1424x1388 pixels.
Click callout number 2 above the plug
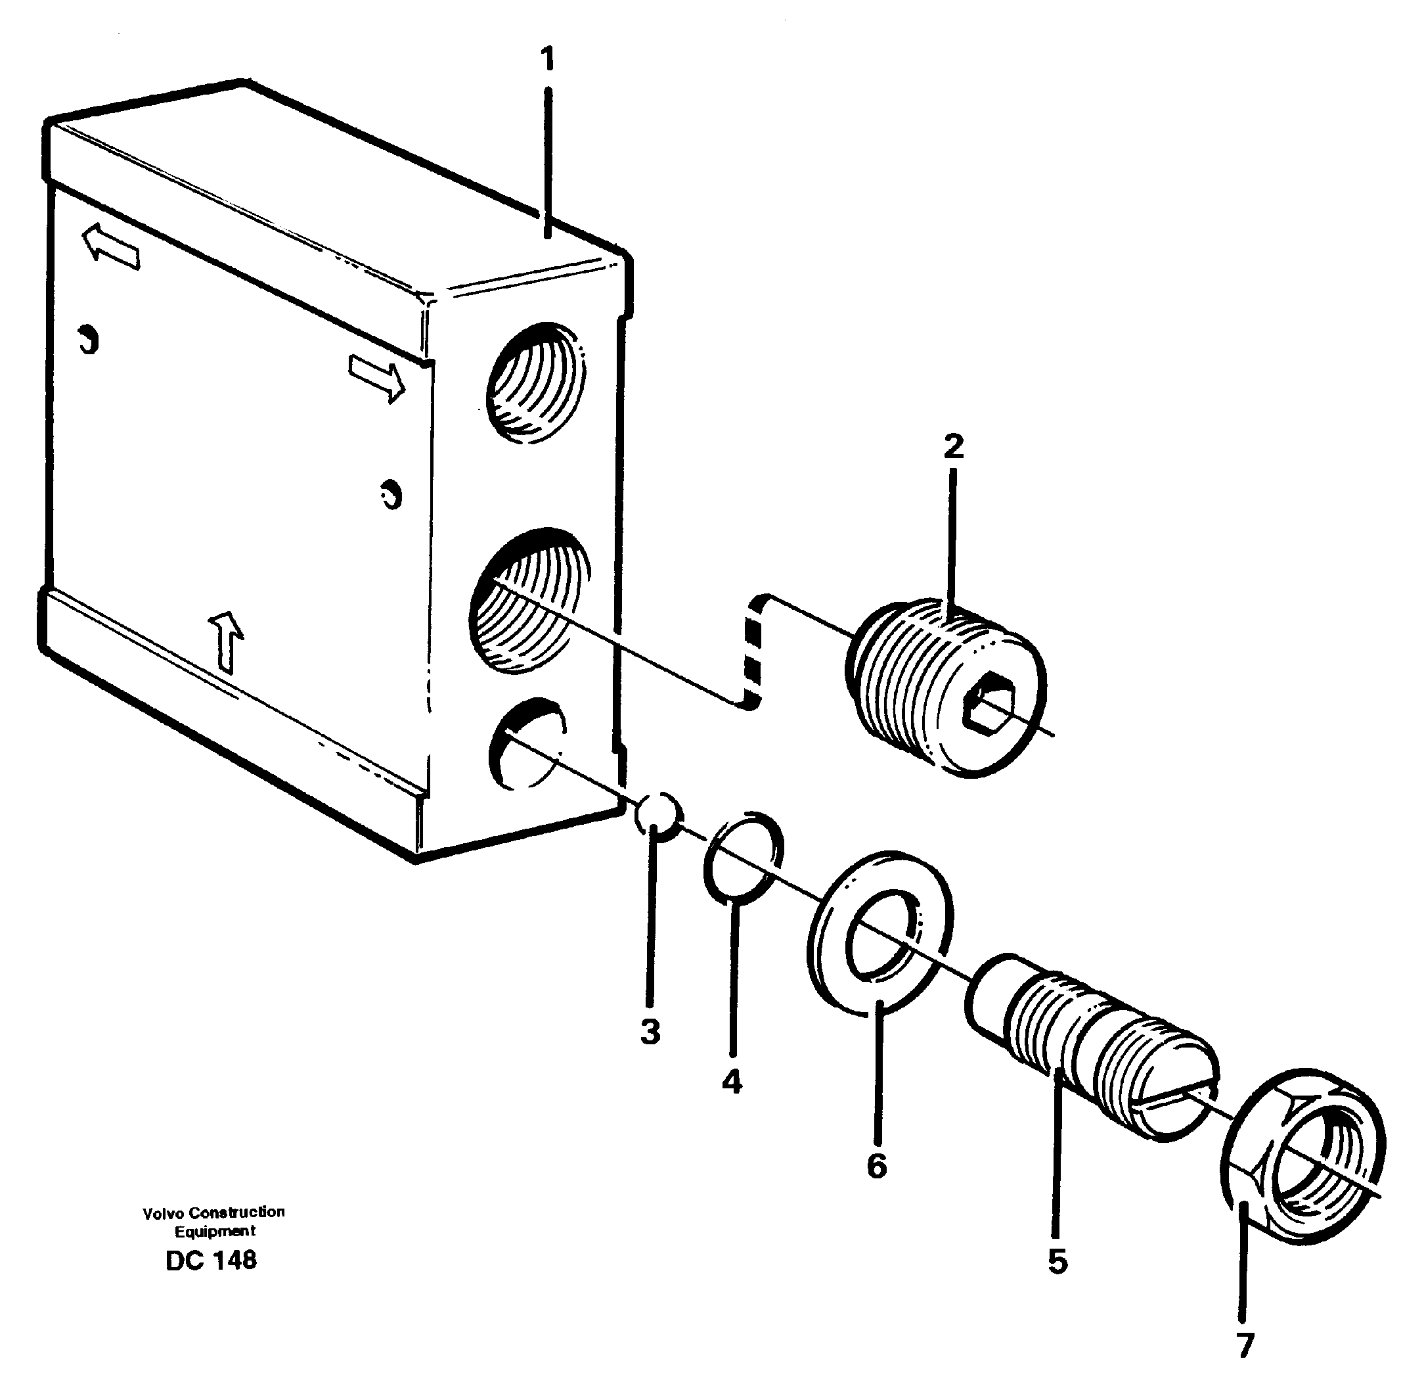click(953, 446)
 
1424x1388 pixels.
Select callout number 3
click(650, 1032)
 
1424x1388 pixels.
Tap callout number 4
click(732, 1082)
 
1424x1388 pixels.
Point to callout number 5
click(1057, 1262)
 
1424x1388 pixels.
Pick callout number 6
click(877, 1166)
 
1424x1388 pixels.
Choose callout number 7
click(1245, 1346)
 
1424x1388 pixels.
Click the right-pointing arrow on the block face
click(376, 377)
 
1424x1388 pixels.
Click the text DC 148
click(211, 1261)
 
